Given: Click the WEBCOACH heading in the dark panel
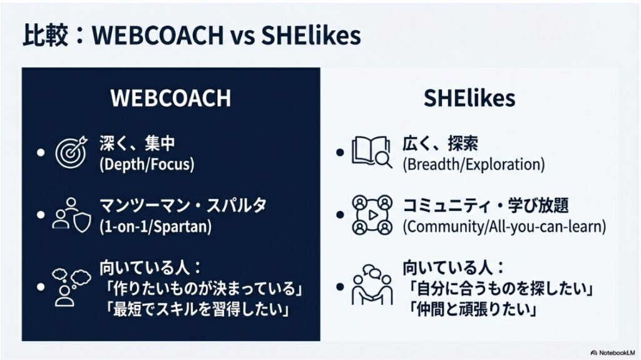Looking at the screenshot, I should coord(170,98).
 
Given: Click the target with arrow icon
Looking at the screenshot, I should coord(70,153).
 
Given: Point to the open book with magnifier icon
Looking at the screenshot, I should coord(369,153).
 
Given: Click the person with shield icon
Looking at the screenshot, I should coord(70,214).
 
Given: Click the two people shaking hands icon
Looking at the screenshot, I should coord(371,285).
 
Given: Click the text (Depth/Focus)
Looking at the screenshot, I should coord(146,165).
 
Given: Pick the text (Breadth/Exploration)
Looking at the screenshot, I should coord(473,165).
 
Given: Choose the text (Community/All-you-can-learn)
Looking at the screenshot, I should coord(504,226).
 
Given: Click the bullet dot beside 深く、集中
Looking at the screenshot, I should coord(41,153).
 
